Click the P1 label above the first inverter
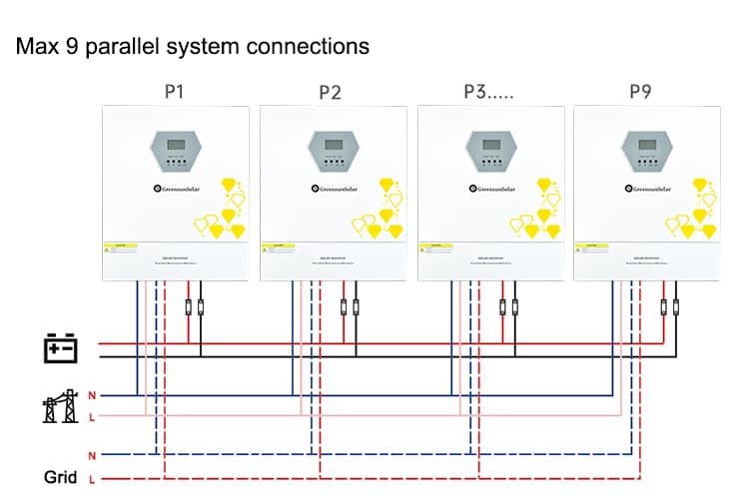click(x=173, y=92)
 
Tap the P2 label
click(x=330, y=93)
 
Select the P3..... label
click(x=490, y=92)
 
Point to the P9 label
click(x=641, y=92)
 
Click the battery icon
click(x=61, y=349)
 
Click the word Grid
click(x=60, y=477)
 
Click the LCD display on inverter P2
click(x=329, y=146)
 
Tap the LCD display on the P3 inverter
click(x=486, y=146)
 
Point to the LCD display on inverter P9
click(x=641, y=146)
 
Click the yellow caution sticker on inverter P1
click(x=125, y=246)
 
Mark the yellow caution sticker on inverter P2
click(x=282, y=246)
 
